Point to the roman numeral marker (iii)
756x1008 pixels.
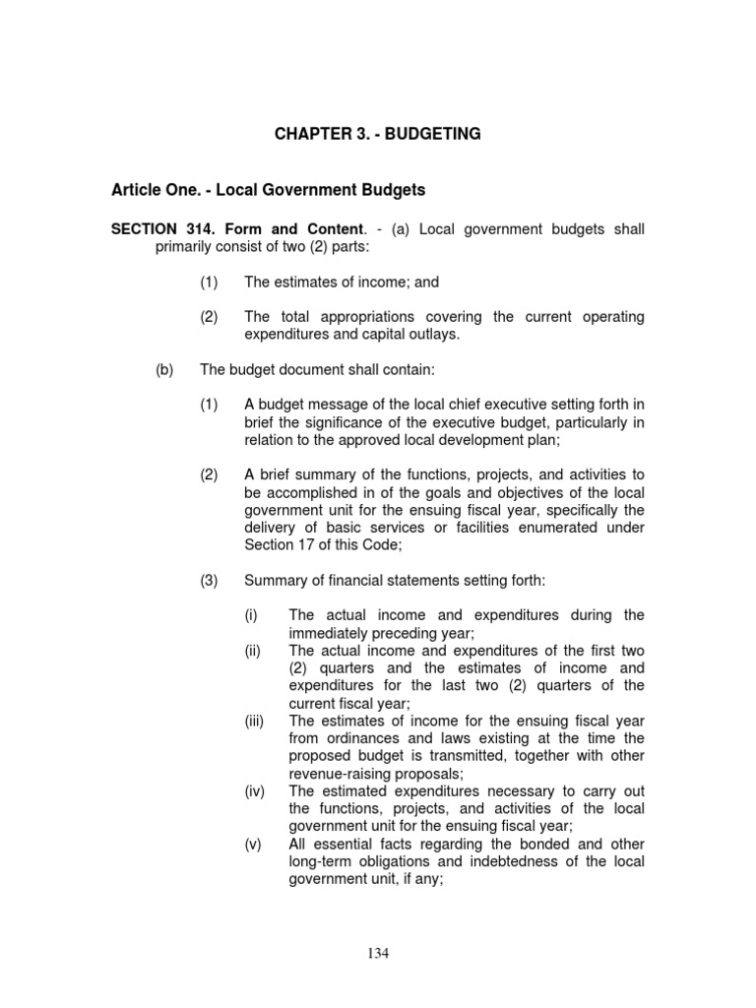click(255, 722)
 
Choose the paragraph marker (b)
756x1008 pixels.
click(165, 370)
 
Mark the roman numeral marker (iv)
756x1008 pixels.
click(255, 792)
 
